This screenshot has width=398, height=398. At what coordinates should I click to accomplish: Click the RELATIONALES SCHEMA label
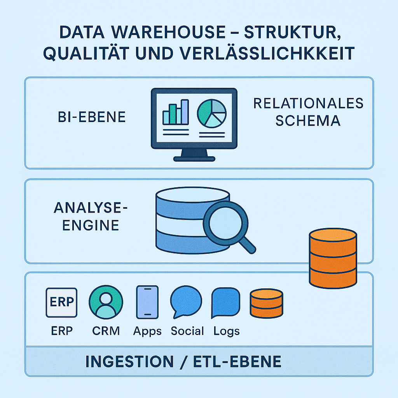(x=308, y=112)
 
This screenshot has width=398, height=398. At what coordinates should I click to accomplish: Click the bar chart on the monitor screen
(x=176, y=112)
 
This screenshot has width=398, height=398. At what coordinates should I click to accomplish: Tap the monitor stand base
(x=194, y=158)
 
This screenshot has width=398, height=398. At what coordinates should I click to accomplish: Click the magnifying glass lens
(x=225, y=223)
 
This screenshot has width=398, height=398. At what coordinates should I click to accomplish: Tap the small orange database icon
(x=266, y=303)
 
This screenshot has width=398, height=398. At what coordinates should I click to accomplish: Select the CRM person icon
(x=106, y=303)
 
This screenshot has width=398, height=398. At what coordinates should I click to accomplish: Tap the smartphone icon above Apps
(x=147, y=302)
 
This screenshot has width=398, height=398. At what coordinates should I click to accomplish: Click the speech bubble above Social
(x=186, y=302)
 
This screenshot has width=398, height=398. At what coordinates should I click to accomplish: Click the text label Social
(x=187, y=331)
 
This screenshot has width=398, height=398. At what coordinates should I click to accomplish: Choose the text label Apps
(x=147, y=331)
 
